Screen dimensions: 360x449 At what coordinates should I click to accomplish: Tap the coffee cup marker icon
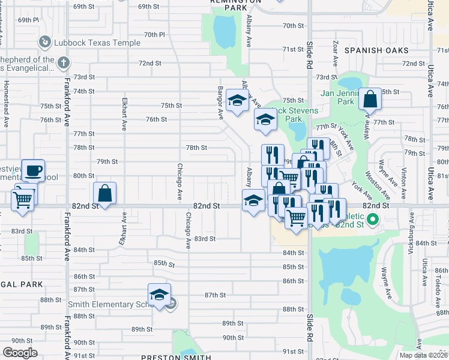33,170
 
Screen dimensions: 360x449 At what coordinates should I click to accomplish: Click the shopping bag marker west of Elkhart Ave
104,193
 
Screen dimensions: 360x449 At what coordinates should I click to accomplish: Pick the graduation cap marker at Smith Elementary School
159,295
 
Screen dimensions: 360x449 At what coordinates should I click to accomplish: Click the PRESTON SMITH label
176,357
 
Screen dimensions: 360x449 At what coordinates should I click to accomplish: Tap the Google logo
20,352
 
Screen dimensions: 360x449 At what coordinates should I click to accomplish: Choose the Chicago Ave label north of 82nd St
179,182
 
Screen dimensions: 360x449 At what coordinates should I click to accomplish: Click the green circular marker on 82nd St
372,220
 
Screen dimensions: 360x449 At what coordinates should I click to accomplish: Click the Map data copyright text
423,355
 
